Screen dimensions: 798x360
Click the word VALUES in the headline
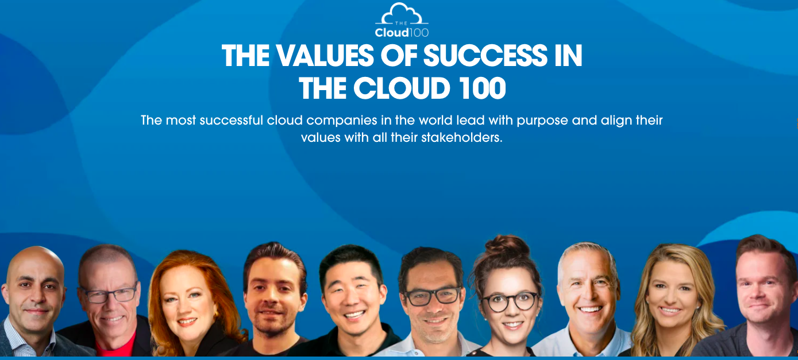tap(325, 56)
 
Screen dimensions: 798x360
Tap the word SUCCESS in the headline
tap(485, 56)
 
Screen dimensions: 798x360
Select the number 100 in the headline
tap(483, 88)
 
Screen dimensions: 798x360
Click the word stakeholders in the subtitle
tap(462, 137)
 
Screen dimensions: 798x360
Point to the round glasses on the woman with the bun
tap(510, 302)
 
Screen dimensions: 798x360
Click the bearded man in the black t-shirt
tap(274, 299)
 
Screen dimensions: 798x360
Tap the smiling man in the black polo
tap(353, 303)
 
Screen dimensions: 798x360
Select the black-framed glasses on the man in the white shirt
tap(433, 296)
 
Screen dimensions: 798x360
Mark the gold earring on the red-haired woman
tap(216, 315)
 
